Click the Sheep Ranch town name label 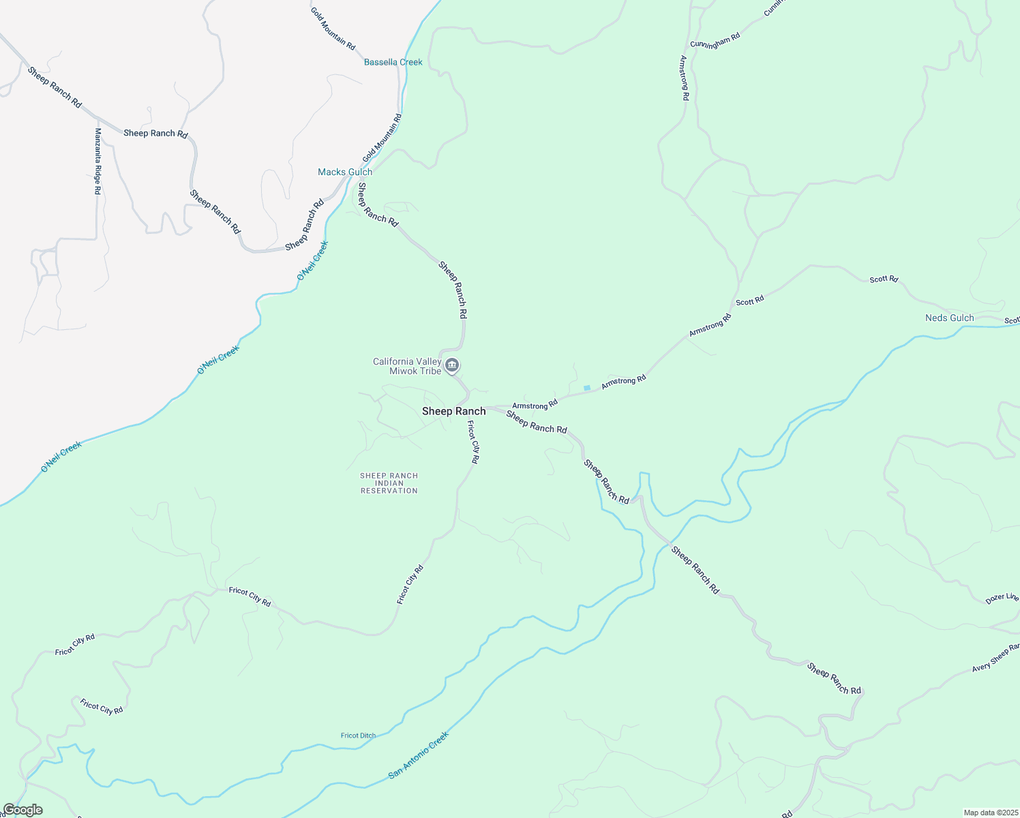pyautogui.click(x=453, y=411)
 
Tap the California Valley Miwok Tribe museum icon pyautogui.click(x=451, y=366)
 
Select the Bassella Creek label pyautogui.click(x=393, y=62)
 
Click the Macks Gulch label pyautogui.click(x=345, y=172)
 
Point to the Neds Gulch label pyautogui.click(x=949, y=318)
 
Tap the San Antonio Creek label pyautogui.click(x=419, y=755)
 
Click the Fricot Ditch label pyautogui.click(x=358, y=736)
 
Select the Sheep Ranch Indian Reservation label pyautogui.click(x=389, y=483)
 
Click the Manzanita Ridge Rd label pyautogui.click(x=97, y=162)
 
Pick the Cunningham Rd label pyautogui.click(x=715, y=40)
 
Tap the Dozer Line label pyautogui.click(x=1002, y=599)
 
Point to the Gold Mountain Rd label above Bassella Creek pyautogui.click(x=333, y=29)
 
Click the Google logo pyautogui.click(x=22, y=810)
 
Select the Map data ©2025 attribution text pyautogui.click(x=990, y=813)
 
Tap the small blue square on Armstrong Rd pyautogui.click(x=587, y=388)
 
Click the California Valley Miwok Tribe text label pyautogui.click(x=407, y=366)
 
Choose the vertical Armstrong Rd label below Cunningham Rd pyautogui.click(x=684, y=78)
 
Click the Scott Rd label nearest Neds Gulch pyautogui.click(x=884, y=279)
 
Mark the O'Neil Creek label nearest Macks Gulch pyautogui.click(x=313, y=260)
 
